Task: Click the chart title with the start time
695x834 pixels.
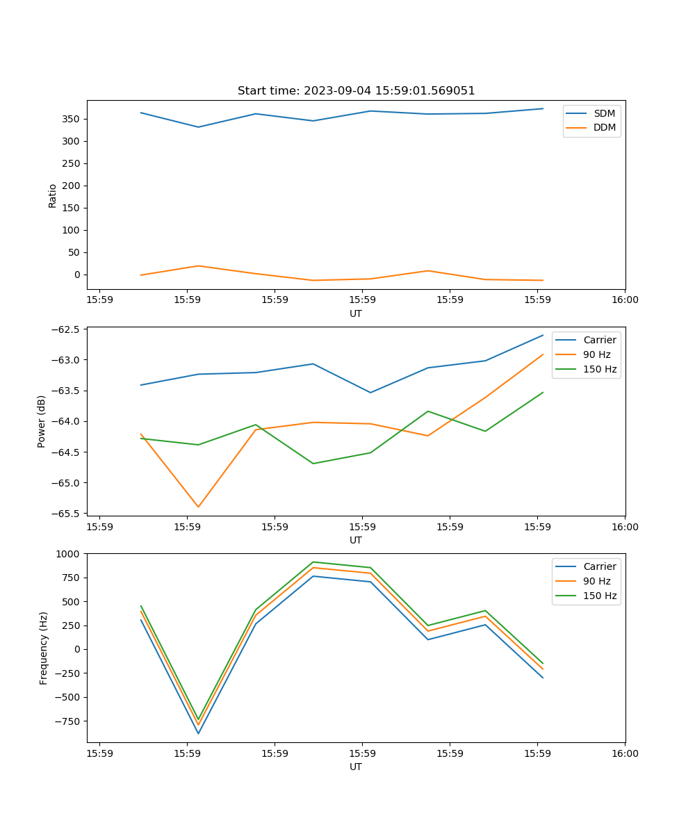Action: (x=356, y=91)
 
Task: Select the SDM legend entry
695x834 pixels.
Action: (x=604, y=113)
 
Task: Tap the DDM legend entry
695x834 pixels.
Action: (x=604, y=127)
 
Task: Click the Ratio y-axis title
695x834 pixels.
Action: (x=53, y=195)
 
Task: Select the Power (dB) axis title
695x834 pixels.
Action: (x=42, y=421)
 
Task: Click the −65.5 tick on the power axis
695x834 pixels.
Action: (x=66, y=514)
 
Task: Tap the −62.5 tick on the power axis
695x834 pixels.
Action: (x=66, y=329)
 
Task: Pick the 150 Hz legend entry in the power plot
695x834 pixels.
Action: (x=599, y=369)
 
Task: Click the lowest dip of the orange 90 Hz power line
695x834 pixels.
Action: (x=198, y=507)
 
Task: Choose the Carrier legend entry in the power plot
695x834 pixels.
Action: (x=599, y=340)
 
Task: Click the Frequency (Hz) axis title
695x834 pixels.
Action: (x=44, y=648)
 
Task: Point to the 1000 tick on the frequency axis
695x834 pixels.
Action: (x=69, y=554)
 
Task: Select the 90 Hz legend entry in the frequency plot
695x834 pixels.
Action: (x=596, y=581)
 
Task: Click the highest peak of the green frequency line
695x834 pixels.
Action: (x=313, y=562)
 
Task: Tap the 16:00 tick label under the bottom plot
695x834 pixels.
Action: (x=625, y=753)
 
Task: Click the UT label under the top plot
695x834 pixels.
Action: (x=356, y=313)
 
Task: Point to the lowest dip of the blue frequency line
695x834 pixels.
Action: (x=198, y=733)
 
